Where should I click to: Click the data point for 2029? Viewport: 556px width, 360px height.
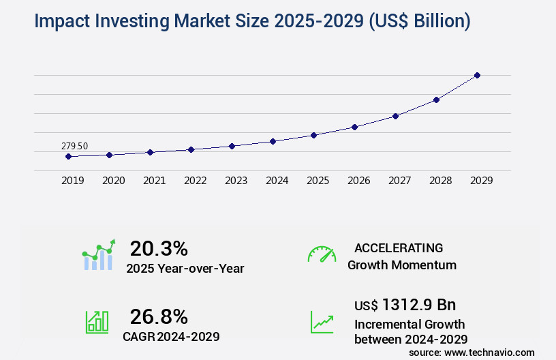pos(477,75)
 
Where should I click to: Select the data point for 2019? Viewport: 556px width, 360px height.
pos(68,156)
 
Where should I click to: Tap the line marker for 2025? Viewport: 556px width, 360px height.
pos(313,135)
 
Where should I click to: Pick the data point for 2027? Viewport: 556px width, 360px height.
pos(395,116)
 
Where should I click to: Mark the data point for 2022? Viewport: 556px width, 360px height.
pos(191,149)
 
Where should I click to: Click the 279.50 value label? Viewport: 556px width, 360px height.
pos(74,146)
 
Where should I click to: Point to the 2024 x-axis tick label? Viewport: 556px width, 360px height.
pos(277,181)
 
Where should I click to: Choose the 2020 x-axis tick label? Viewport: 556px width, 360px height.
pos(113,181)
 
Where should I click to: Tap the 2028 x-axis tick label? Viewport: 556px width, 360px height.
pos(440,181)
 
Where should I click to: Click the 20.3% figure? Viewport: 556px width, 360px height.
pos(159,248)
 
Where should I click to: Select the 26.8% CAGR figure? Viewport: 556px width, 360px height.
pos(159,316)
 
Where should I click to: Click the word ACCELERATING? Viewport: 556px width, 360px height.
pos(399,247)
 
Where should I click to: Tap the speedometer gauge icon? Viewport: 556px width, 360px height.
pos(322,254)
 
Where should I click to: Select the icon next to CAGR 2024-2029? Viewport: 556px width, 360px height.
pos(97,322)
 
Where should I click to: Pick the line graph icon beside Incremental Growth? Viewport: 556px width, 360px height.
pos(322,322)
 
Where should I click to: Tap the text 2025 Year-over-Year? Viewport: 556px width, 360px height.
pos(185,269)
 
